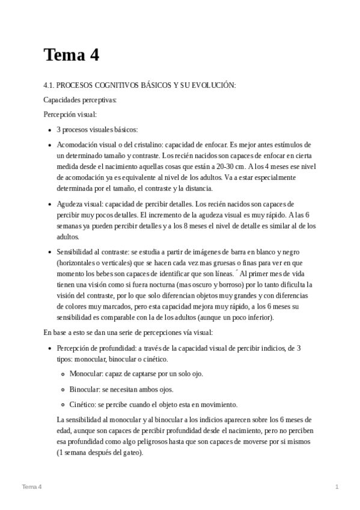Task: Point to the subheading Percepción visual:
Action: [70, 114]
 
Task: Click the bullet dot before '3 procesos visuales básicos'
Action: [49, 130]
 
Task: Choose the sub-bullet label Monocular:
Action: [86, 373]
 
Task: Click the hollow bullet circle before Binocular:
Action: [63, 389]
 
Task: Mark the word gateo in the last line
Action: [130, 452]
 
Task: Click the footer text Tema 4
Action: [31, 486]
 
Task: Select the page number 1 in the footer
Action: [337, 486]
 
